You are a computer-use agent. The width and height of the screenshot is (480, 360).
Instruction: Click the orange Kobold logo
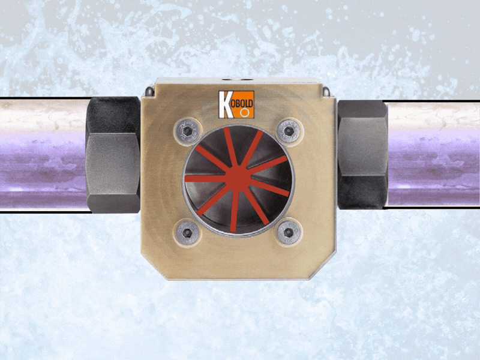(x=236, y=104)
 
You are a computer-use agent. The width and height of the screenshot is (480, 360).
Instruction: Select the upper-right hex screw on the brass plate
(x=289, y=130)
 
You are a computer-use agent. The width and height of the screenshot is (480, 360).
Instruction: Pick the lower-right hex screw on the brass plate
(x=289, y=232)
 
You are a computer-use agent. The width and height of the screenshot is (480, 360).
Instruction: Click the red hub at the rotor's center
(x=238, y=178)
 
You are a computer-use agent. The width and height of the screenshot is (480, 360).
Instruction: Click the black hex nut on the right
(x=362, y=154)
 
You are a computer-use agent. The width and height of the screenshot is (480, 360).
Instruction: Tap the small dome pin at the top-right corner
(x=325, y=92)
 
